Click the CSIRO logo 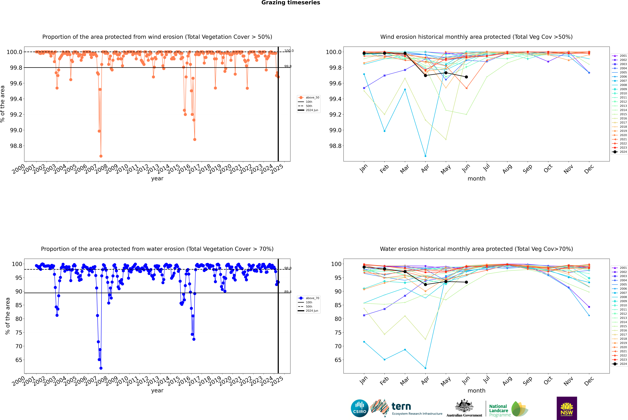click(360, 408)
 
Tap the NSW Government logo click(567, 408)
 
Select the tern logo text click(401, 407)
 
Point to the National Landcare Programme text click(498, 410)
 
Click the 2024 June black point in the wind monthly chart click(466, 77)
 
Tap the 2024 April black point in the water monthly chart click(425, 284)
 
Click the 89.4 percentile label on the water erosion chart click(288, 292)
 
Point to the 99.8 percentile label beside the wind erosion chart click(288, 66)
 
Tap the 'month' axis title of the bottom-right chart click(476, 391)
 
